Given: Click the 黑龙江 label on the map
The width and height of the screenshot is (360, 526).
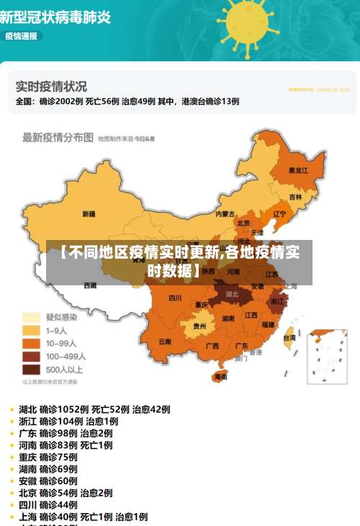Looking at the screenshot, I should coord(297,171).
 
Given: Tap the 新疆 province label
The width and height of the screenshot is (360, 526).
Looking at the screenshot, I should coord(89,214).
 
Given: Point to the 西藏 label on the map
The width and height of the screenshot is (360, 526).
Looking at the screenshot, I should coord(90,286).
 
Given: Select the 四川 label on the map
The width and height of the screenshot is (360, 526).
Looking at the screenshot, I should coord(175,298).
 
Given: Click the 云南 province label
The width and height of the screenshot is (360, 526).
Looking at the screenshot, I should coord(165,341).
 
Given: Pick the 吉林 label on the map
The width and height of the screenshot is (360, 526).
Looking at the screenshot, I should coord(295,197).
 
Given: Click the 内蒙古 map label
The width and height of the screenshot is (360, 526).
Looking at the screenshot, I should coord(225,214).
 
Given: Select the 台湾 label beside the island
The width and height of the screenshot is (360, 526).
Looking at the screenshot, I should coord(289,337).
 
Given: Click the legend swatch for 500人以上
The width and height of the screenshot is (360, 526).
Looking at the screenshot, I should coord(32,370).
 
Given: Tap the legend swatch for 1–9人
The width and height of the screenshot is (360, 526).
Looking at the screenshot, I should coord(32,330).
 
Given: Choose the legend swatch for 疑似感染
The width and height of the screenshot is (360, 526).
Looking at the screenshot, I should coord(32,317).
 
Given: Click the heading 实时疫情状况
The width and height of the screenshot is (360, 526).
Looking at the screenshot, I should coord(51,86).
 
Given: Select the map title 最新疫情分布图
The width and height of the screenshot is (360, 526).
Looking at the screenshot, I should coord(58,137).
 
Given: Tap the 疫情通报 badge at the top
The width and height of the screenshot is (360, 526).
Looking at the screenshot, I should coord(21,36).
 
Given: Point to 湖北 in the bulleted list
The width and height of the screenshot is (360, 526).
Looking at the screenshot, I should coord(28,409).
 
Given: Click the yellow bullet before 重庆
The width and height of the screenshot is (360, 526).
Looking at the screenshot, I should coord(12,458).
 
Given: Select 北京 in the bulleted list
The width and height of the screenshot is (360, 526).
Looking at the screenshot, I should coord(28,493).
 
